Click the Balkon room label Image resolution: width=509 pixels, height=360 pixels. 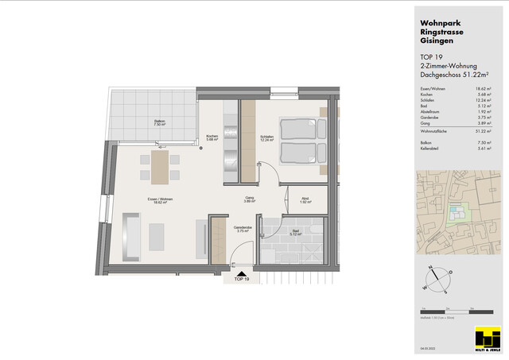coord(160,122)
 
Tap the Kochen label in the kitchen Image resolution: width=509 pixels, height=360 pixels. coord(212,137)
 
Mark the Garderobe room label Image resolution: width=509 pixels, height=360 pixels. coord(243,229)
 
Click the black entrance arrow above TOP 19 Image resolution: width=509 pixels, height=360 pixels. coord(238,270)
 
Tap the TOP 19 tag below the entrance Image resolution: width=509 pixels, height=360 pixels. coord(242,280)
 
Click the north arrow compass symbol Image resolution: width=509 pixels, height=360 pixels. coord(438,278)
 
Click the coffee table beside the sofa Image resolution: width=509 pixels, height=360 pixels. coord(157,234)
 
